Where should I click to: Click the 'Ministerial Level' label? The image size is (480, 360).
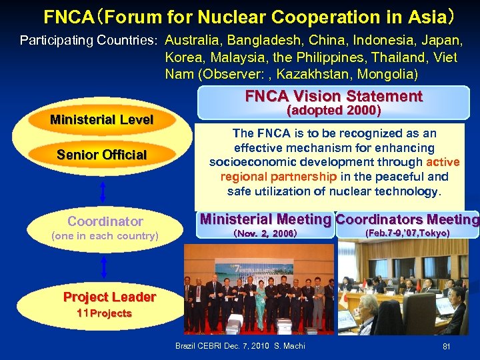(x=101, y=120)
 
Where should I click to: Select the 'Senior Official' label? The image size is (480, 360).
(x=101, y=155)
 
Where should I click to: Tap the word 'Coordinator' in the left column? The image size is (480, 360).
(x=105, y=221)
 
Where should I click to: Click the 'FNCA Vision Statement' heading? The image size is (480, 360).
(x=333, y=96)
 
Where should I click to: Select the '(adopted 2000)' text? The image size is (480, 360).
(x=333, y=111)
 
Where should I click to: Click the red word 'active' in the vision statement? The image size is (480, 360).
(x=443, y=162)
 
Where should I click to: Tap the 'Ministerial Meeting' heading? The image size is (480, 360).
(x=265, y=219)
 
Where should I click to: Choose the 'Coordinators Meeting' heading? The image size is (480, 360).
(x=407, y=219)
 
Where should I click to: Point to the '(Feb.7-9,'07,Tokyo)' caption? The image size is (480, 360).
(x=407, y=233)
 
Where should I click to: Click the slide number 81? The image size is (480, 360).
(x=446, y=347)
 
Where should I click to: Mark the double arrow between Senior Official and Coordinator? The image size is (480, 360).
(x=103, y=191)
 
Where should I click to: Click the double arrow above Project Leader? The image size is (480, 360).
(x=103, y=268)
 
